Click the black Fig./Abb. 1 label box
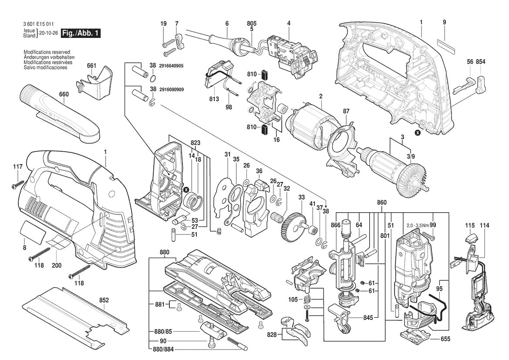tap(81, 33)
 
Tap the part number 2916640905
tap(172, 66)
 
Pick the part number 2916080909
tap(172, 89)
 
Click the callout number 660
tap(64, 95)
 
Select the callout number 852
tap(104, 300)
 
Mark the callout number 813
tap(214, 98)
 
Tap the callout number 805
tap(252, 23)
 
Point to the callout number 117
tap(17, 166)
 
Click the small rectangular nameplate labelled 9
tap(445, 44)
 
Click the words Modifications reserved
tap(47, 52)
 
